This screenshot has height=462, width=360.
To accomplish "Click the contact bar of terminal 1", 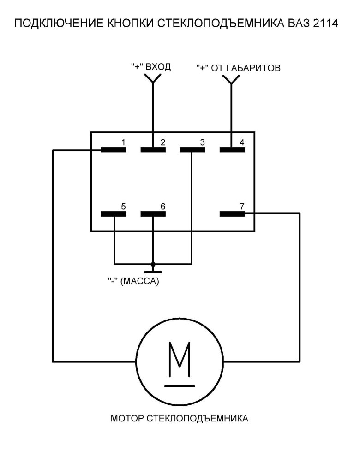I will pos(114,149).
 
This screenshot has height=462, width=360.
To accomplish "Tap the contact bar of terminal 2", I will pos(153,149).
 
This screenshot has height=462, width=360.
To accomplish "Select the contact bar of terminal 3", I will pos(192,149).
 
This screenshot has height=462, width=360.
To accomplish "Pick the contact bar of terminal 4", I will pos(231,149).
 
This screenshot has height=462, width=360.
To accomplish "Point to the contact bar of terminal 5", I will pos(114,213).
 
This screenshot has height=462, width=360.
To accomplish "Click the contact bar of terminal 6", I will pos(153,213).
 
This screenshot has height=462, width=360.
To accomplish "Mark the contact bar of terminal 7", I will pos(232,213).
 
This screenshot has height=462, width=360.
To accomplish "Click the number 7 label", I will pos(242,206).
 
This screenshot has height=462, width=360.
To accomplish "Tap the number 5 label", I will pos(123,206).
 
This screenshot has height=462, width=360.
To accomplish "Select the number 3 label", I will pos(202,142).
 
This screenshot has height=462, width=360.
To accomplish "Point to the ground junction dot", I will pos(153,264).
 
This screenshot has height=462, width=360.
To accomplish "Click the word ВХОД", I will pos(158,67).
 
